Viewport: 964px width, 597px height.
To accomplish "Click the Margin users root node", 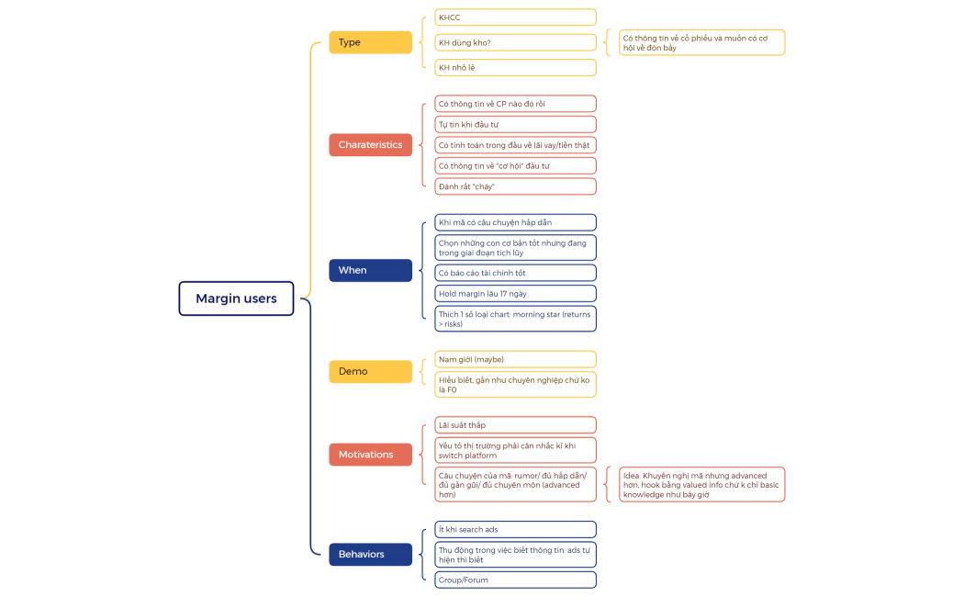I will [x=236, y=298].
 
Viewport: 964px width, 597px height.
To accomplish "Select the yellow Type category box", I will [x=370, y=42].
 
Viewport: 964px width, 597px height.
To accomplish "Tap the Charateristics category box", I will [x=370, y=144].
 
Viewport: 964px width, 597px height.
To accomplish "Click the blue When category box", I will [x=370, y=270].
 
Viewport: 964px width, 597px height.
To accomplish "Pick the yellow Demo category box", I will [x=370, y=371].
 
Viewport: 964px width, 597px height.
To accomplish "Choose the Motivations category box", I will [x=370, y=455].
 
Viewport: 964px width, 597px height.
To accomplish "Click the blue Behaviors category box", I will [x=370, y=554].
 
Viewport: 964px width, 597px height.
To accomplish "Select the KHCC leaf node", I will [x=515, y=17].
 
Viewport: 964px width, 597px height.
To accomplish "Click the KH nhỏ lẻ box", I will [x=515, y=67].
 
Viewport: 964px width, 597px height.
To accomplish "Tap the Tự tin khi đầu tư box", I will [x=515, y=124].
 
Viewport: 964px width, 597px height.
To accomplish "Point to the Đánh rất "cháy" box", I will [x=515, y=186].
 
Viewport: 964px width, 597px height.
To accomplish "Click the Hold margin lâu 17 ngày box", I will [x=515, y=293].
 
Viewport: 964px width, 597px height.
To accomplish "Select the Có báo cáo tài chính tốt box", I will [x=515, y=273].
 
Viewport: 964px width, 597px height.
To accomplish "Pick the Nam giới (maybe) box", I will [x=515, y=359].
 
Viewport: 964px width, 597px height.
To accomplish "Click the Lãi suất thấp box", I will [x=515, y=425].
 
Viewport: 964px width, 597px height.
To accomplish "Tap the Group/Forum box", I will [x=515, y=580].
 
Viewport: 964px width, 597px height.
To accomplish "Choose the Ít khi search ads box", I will [x=515, y=529].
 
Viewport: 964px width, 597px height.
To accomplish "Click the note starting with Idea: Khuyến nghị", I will [x=701, y=485].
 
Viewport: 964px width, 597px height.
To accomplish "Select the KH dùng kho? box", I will [x=515, y=42].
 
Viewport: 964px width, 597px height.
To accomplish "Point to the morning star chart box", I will [x=515, y=319].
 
